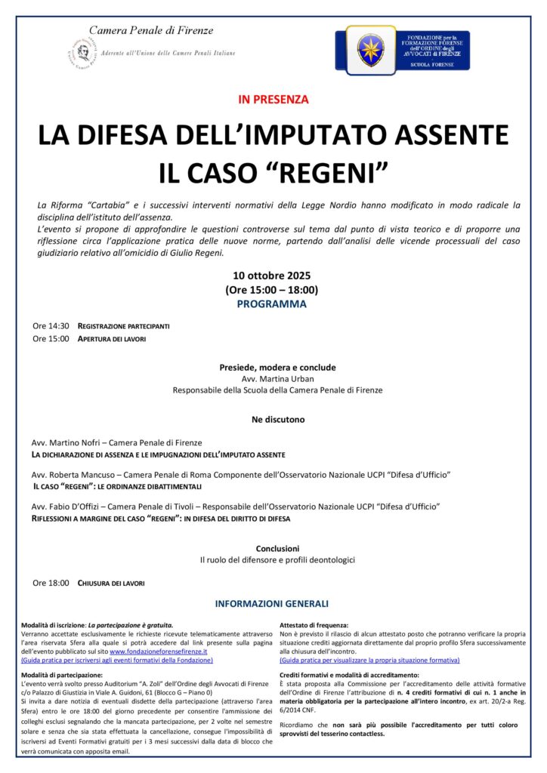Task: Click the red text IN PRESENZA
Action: click(x=273, y=99)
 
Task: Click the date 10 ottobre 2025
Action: click(x=272, y=276)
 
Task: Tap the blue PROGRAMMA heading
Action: click(x=272, y=304)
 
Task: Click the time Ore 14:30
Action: click(x=51, y=326)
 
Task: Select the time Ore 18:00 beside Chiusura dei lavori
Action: click(x=51, y=583)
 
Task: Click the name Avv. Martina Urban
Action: click(x=277, y=379)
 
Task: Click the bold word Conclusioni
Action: click(x=277, y=548)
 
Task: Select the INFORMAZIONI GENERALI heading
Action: click(x=272, y=604)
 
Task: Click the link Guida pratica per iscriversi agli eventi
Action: click(x=117, y=660)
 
